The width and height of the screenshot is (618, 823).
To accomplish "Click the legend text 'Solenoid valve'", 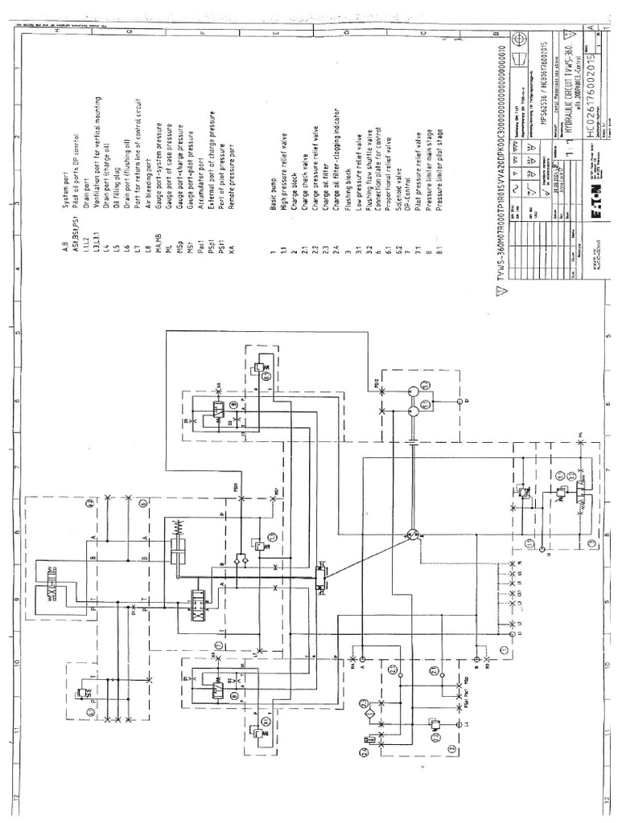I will [398, 213].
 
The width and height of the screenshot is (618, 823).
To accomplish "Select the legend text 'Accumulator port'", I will [200, 211].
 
